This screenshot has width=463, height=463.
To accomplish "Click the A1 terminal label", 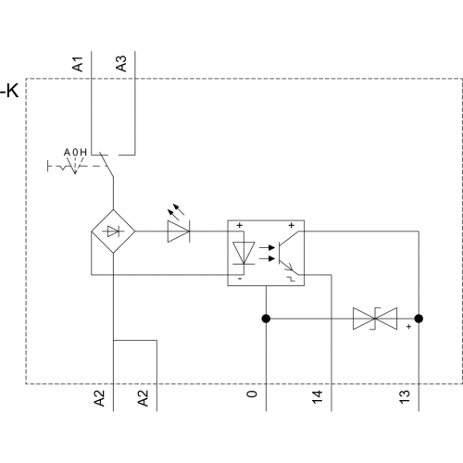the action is tap(78, 64).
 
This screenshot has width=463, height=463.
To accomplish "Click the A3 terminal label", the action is tap(121, 64).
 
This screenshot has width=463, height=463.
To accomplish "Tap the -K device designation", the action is tap(9, 91).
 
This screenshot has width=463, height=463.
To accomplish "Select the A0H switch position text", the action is tap(75, 152).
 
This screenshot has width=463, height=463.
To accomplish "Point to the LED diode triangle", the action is tap(179, 231).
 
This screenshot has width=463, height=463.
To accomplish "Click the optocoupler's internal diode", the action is tap(244, 253).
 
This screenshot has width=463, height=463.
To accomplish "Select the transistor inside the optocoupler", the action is tap(288, 253).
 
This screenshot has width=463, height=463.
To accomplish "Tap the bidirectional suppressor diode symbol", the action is tap(375, 319).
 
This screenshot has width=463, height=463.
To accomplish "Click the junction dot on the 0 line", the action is tap(266, 319).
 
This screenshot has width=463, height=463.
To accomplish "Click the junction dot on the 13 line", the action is tap(419, 319).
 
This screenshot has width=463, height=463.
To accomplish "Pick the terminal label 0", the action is tap(252, 394).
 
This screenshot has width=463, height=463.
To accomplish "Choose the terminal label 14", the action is tap(318, 396).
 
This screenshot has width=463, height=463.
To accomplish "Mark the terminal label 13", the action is tap(405, 396).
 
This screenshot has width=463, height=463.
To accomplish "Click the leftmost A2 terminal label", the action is tap(99, 398).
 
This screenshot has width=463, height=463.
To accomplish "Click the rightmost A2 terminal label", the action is tap(143, 398).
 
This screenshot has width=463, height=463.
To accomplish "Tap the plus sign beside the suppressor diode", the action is tap(408, 326).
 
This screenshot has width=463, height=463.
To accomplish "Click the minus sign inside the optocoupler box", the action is tap(240, 279).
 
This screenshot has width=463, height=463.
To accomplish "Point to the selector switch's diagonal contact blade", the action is tap(106, 165).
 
